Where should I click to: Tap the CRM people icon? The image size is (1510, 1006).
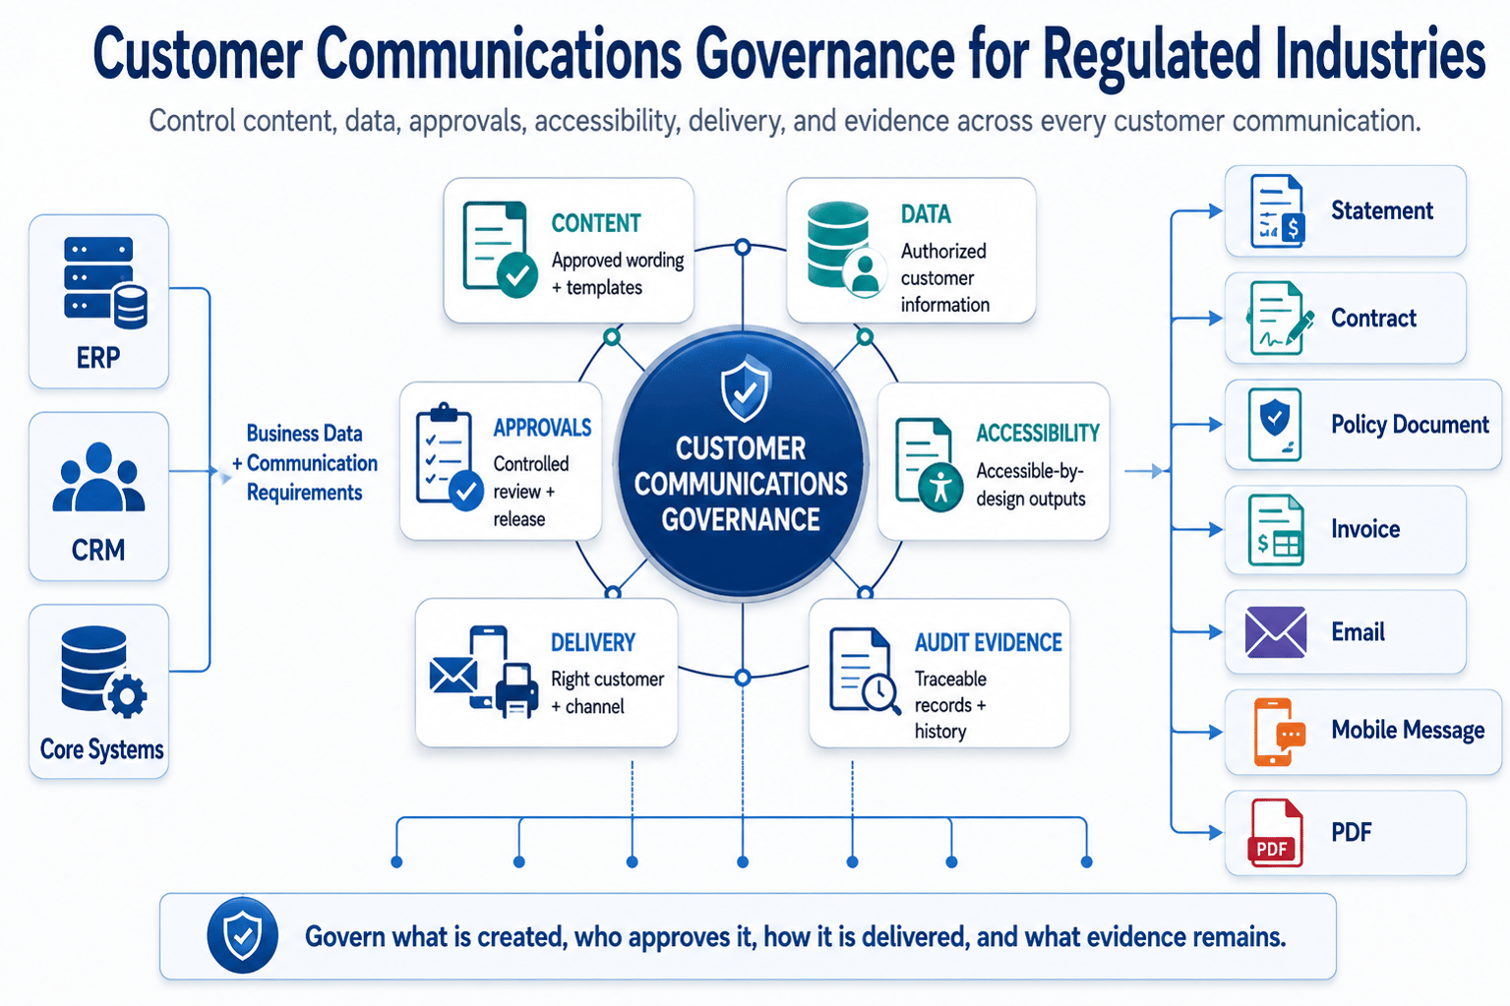pyautogui.click(x=98, y=477)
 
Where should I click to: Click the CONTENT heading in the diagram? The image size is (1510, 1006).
pyautogui.click(x=596, y=223)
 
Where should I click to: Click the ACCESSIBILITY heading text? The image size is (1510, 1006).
pyautogui.click(x=1038, y=434)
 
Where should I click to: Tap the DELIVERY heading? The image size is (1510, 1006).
pyautogui.click(x=593, y=643)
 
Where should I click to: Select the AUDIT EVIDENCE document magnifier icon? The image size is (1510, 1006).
pyautogui.click(x=865, y=671)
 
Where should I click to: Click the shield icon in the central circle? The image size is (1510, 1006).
pyautogui.click(x=745, y=389)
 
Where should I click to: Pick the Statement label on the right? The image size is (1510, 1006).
pyautogui.click(x=1382, y=210)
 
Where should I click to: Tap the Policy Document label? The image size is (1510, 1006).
pyautogui.click(x=1410, y=425)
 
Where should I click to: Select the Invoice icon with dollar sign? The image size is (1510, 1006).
pyautogui.click(x=1276, y=530)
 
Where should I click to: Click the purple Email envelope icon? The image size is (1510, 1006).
pyautogui.click(x=1276, y=632)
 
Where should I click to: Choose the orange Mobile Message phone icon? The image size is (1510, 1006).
pyautogui.click(x=1279, y=733)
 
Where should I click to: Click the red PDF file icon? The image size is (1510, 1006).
pyautogui.click(x=1276, y=833)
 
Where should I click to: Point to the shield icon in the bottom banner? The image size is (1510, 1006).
pyautogui.click(x=243, y=935)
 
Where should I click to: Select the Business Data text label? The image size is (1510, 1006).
pyautogui.click(x=304, y=434)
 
